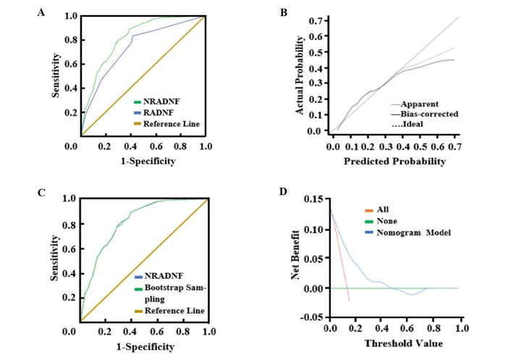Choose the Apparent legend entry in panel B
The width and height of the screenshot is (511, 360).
(421, 104)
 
